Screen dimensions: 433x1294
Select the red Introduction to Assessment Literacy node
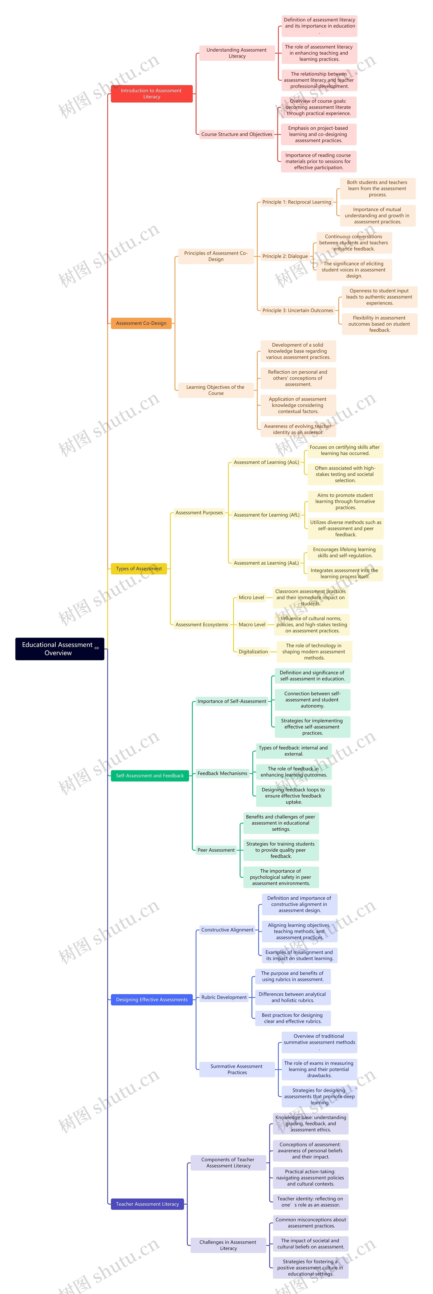tap(151, 93)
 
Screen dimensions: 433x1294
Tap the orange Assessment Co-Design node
tap(141, 323)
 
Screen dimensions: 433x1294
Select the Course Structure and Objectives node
tap(237, 134)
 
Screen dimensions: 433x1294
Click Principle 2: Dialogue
tap(285, 256)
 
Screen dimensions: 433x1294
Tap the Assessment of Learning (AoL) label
tap(266, 462)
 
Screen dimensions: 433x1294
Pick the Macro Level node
tap(252, 624)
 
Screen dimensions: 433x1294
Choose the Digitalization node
tap(253, 651)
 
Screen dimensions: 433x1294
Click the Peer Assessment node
tap(216, 850)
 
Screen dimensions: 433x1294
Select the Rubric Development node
tap(224, 997)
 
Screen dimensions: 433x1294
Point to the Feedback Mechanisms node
tap(222, 773)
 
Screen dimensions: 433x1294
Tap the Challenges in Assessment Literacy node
tap(228, 1245)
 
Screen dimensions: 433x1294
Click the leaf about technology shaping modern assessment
tap(314, 651)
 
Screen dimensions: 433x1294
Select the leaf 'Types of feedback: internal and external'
tap(293, 750)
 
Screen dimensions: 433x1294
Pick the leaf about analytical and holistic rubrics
tap(292, 997)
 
